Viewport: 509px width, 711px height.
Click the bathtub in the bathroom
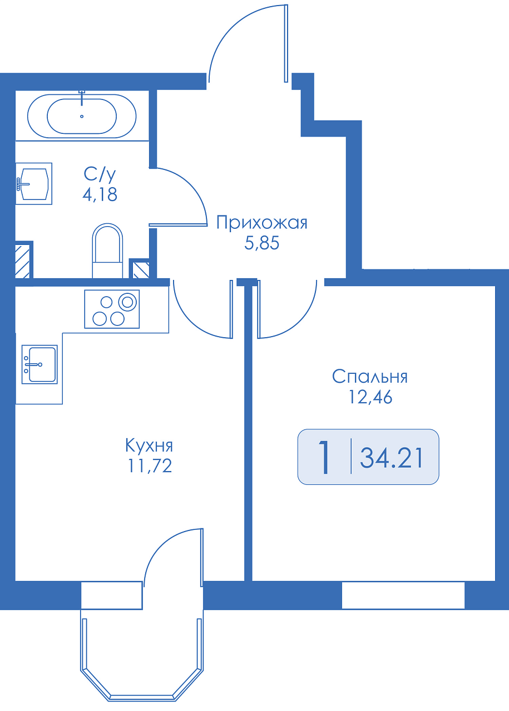click(82, 116)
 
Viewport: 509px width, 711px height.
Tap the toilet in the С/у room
click(107, 251)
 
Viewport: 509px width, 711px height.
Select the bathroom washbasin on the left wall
click(34, 183)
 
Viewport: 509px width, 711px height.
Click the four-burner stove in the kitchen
click(112, 309)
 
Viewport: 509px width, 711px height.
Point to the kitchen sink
click(39, 364)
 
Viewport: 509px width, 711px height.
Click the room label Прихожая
click(261, 223)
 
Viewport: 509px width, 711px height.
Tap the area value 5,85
click(261, 243)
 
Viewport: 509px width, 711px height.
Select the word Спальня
click(370, 377)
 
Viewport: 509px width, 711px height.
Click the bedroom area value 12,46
click(370, 397)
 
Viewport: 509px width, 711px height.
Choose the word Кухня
click(149, 445)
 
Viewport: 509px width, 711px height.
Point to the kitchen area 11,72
click(150, 466)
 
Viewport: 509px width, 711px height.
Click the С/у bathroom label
click(100, 174)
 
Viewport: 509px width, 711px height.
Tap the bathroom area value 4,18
click(100, 194)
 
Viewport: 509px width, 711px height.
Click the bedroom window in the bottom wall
click(403, 595)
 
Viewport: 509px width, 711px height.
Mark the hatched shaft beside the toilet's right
click(141, 270)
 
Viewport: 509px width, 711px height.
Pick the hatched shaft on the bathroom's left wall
click(22, 262)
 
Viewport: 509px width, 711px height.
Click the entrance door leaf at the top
click(286, 43)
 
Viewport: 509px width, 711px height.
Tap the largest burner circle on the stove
click(127, 302)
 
